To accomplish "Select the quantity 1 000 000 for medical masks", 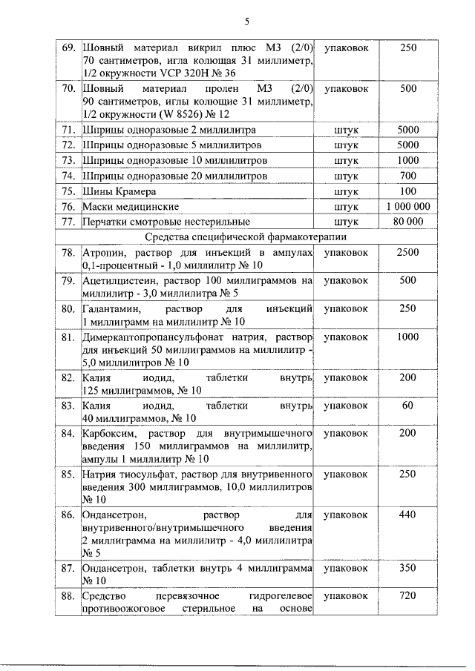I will click(407, 206).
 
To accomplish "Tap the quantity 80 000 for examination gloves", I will click(407, 222).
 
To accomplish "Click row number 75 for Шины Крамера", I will click(68, 191).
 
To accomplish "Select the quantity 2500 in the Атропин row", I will click(407, 253).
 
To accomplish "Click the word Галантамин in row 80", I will click(109, 308).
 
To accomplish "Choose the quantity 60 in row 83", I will click(407, 406).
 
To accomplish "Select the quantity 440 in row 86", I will click(407, 514).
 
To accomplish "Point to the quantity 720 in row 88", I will click(407, 595).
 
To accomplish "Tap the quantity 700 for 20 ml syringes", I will click(407, 176).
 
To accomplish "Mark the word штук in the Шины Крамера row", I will click(347, 191).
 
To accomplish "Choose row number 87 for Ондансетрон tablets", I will click(68, 568).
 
